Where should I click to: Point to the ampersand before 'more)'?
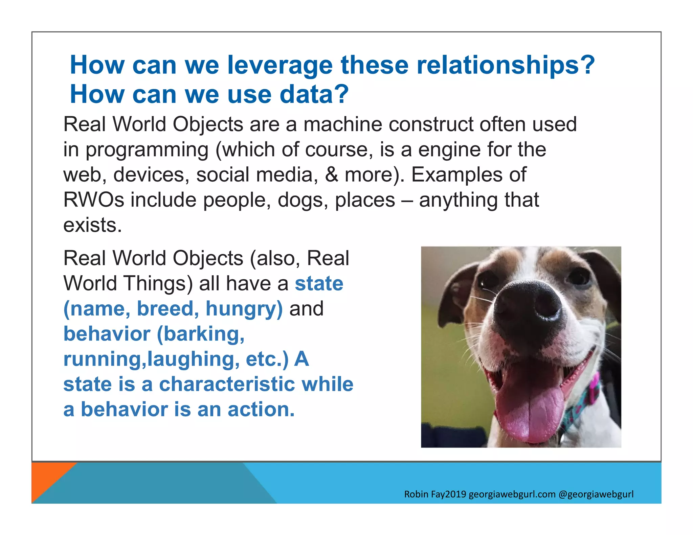[x=331, y=175]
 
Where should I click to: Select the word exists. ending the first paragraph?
[x=92, y=225]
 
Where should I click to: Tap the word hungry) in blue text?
[x=244, y=309]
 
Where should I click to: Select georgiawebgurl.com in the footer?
[x=512, y=494]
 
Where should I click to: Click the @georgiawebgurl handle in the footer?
[x=596, y=494]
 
